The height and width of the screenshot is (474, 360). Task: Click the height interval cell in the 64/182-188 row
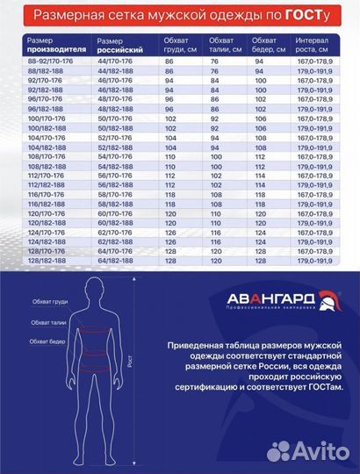click(313, 261)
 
